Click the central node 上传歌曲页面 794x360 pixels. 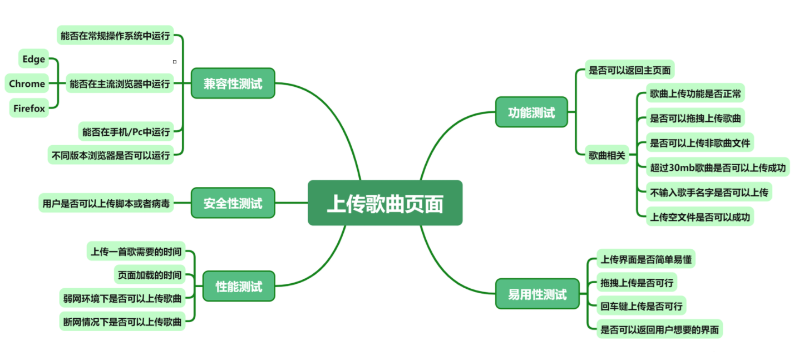385,203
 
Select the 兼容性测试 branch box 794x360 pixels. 233,83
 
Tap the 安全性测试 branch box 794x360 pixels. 233,203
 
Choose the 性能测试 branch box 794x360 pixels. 239,287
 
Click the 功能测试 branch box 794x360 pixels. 531,112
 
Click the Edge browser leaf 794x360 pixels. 34,59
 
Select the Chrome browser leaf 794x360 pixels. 27,83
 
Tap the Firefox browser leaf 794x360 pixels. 29,109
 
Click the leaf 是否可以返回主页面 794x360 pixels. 629,70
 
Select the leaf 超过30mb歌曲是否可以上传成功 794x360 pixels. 717,167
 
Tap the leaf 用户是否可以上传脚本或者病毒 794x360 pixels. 106,203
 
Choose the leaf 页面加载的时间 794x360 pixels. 149,274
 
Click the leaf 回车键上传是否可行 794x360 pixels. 641,305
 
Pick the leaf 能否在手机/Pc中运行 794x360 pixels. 126,132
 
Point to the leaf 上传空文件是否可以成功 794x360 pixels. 699,216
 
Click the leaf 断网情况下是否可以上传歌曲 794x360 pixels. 122,321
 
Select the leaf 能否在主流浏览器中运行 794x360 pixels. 119,83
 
